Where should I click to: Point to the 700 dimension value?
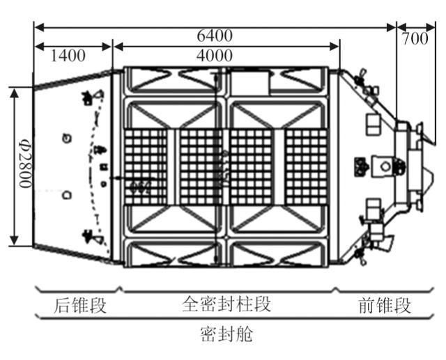415,39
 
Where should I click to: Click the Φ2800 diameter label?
24,167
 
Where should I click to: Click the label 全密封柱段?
226,305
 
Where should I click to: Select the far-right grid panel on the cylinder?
305,166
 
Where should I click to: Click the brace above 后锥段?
79,290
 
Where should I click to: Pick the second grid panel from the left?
200,166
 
